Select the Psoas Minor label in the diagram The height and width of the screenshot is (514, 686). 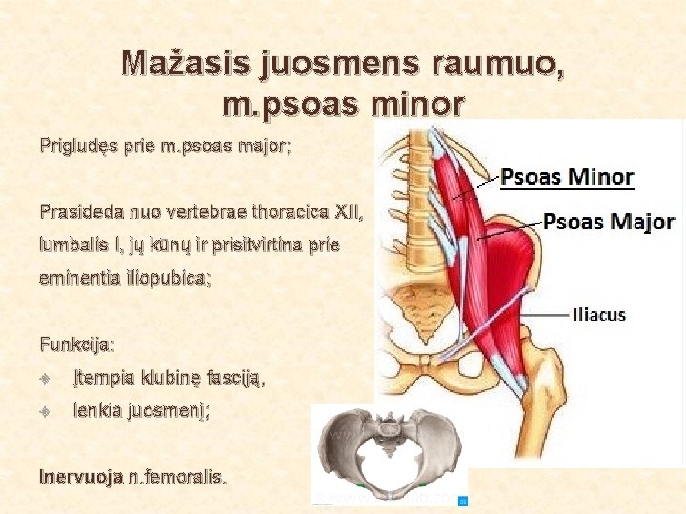(x=568, y=177)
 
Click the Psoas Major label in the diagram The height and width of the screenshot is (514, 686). (x=609, y=222)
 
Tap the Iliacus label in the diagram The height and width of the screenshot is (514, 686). (x=598, y=314)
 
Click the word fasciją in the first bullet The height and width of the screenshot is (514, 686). (x=235, y=379)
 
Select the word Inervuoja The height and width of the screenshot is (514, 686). (x=81, y=476)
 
